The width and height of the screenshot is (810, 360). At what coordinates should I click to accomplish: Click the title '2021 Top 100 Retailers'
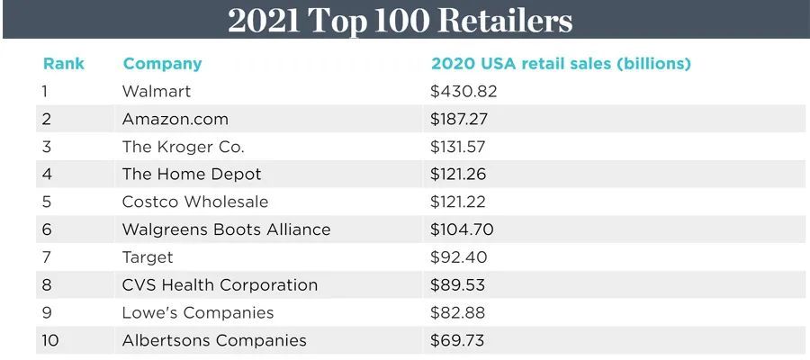coord(400,20)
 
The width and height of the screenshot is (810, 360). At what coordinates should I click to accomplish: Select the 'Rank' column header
coord(63,64)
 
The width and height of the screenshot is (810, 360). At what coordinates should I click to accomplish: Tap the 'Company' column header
coord(162,64)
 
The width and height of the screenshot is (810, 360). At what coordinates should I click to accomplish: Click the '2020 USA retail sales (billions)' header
coord(561,64)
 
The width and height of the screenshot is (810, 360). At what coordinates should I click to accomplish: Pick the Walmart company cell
coord(157,92)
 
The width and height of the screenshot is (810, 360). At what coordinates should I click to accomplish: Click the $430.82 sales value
coord(464,92)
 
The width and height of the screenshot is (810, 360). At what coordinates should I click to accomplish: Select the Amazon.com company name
coord(175,119)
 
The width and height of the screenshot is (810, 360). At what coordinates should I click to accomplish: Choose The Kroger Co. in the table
coord(184,147)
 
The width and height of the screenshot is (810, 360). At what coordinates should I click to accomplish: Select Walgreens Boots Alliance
coord(226,229)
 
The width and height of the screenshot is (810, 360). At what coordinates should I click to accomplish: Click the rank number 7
coord(47,257)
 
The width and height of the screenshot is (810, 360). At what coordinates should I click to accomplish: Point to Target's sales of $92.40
coord(460,257)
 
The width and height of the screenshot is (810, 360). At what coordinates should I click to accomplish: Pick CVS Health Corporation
coord(220,285)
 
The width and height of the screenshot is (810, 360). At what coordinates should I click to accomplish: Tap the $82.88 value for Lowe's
coord(460,313)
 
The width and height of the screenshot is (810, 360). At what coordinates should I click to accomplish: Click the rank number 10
coord(50,341)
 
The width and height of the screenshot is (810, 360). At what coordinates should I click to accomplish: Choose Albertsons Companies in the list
coord(214,341)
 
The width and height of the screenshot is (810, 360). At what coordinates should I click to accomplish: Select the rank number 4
coord(47,175)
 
